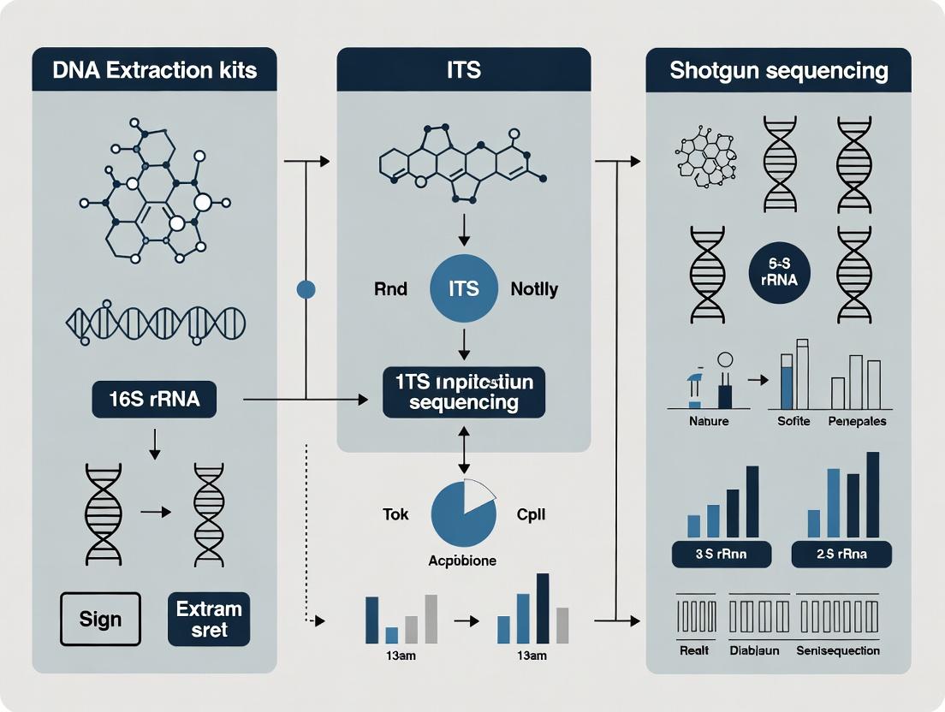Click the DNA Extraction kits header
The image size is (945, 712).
(x=154, y=69)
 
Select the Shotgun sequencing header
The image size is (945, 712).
(x=778, y=69)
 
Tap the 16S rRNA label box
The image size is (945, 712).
(x=154, y=399)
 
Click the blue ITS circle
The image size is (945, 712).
(x=463, y=289)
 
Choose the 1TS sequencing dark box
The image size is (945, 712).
(x=463, y=392)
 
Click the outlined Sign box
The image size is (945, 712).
(x=100, y=619)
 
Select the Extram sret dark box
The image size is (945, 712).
(x=209, y=619)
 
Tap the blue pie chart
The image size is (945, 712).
(x=463, y=514)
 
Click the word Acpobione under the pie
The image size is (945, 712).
(x=462, y=561)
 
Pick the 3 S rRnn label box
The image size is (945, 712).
(x=721, y=554)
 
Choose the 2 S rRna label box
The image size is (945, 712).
(x=841, y=554)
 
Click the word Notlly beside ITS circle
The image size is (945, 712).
(x=534, y=289)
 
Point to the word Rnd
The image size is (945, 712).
(x=391, y=289)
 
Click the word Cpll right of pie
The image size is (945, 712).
(x=532, y=514)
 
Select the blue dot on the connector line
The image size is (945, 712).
(x=306, y=289)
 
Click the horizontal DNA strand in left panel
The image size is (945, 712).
(x=155, y=322)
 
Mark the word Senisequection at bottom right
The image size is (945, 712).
(x=837, y=650)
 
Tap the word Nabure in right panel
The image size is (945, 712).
(x=709, y=421)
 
